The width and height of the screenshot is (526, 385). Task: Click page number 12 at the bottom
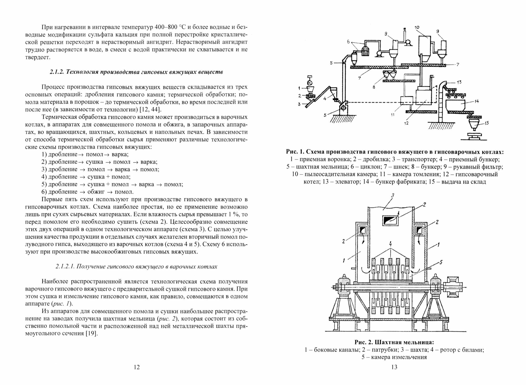pyautogui.click(x=137, y=367)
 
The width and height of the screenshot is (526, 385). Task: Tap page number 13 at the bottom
pyautogui.click(x=394, y=367)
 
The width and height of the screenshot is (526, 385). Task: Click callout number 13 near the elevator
pyautogui.click(x=459, y=82)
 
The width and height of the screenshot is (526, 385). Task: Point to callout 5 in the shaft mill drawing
pyautogui.click(x=441, y=262)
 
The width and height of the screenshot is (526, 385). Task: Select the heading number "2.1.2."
pyautogui.click(x=57, y=72)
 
